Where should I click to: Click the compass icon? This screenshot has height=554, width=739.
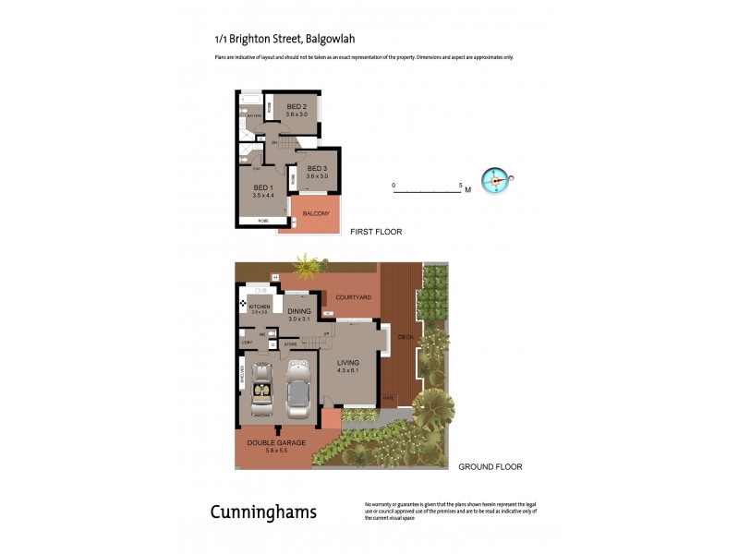495,180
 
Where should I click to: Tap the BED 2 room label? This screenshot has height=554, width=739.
297,104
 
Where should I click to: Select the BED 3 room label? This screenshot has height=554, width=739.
318,167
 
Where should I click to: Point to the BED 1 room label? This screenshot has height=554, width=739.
264,188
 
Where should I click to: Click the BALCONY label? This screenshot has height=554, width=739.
316,213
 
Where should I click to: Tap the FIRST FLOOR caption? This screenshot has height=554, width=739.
376,232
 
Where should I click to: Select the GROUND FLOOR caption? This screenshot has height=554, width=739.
491,467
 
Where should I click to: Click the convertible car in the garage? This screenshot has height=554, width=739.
261,390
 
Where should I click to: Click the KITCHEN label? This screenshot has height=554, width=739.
260,306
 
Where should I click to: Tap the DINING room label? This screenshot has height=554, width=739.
298,311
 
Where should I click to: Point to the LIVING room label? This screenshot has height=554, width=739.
347,363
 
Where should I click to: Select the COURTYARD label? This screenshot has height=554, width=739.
354,296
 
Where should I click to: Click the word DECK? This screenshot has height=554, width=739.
405,337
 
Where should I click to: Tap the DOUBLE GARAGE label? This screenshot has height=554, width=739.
276,442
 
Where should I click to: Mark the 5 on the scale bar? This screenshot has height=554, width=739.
460,186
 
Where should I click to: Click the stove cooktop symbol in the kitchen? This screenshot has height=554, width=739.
243,304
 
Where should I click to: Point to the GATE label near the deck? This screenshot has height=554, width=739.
388,399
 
